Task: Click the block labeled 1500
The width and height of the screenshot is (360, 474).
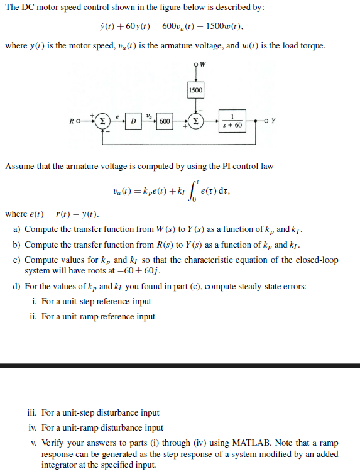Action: pyautogui.click(x=195, y=91)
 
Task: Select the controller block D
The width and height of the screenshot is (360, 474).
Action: pyautogui.click(x=133, y=121)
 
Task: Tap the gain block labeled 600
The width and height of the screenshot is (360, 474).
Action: pyautogui.click(x=164, y=121)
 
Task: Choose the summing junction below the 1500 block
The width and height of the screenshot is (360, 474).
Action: pyautogui.click(x=195, y=121)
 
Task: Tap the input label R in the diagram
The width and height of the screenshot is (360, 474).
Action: pyautogui.click(x=72, y=121)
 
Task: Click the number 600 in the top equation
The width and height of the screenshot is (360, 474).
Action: pyautogui.click(x=171, y=28)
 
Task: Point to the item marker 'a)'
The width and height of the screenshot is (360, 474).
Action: pyautogui.click(x=18, y=229)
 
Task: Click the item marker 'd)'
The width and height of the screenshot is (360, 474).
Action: pyautogui.click(x=18, y=286)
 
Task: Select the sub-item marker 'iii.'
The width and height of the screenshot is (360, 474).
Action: pyautogui.click(x=33, y=413)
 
